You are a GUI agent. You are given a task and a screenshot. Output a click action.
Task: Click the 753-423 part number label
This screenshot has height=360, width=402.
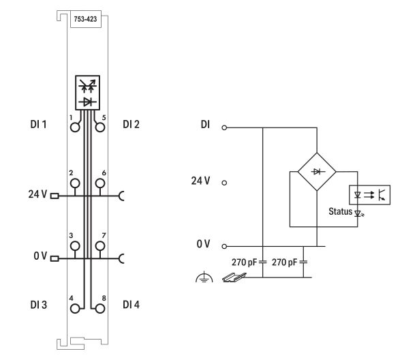pyautogui.click(x=85, y=19)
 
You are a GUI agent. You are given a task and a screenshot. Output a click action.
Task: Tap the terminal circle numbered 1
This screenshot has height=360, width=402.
pyautogui.click(x=75, y=127)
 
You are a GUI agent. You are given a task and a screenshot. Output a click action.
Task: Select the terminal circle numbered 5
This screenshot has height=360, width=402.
pyautogui.click(x=100, y=127)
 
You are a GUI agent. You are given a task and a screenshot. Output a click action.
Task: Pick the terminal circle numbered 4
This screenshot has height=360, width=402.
pyautogui.click(x=75, y=308)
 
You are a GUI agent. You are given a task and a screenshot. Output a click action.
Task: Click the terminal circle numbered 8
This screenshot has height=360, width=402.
pyautogui.click(x=100, y=308)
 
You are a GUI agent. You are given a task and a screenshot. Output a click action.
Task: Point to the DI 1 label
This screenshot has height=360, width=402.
pyautogui.click(x=38, y=125)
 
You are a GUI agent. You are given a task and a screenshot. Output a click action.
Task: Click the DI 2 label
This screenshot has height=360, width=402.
pyautogui.click(x=131, y=125)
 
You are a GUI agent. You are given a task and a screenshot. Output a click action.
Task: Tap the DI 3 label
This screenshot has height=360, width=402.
pyautogui.click(x=38, y=305)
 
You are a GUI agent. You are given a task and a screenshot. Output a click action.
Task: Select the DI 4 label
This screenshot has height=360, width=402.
pyautogui.click(x=131, y=305)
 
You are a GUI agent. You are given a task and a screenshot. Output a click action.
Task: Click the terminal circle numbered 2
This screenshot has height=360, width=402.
pyautogui.click(x=75, y=183)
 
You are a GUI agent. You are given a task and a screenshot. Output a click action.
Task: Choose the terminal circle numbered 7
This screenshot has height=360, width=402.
pyautogui.click(x=100, y=246)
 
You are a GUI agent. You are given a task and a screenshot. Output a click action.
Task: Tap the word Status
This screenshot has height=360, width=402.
pyautogui.click(x=340, y=211)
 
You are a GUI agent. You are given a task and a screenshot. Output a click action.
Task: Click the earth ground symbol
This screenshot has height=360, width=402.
pyautogui.click(x=204, y=277)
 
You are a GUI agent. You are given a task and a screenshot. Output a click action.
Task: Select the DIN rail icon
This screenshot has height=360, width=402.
pyautogui.click(x=234, y=277)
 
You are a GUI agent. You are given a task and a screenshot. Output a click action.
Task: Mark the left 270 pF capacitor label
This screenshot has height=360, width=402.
pyautogui.click(x=244, y=262)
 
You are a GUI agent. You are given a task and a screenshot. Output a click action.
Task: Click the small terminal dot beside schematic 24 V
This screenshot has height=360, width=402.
pyautogui.click(x=224, y=183)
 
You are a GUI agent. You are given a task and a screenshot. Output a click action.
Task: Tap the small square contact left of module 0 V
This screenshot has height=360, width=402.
pyautogui.click(x=55, y=258)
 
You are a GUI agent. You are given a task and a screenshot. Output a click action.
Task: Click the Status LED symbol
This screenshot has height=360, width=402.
pyautogui.click(x=358, y=213)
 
